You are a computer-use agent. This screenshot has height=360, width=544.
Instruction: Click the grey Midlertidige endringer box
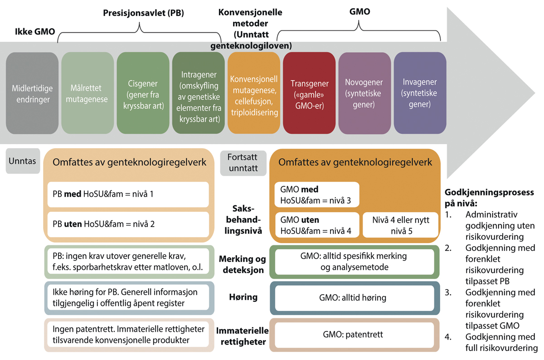pyautogui.click(x=32, y=93)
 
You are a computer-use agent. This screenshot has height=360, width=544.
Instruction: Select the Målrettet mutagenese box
pyautogui.click(x=87, y=93)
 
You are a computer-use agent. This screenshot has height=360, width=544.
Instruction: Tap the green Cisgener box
pyautogui.click(x=143, y=93)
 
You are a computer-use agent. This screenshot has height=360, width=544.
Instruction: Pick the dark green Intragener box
pyautogui.click(x=198, y=93)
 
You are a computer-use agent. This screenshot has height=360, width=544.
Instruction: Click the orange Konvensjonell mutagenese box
pyautogui.click(x=253, y=93)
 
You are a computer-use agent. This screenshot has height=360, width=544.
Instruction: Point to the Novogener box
pyautogui.click(x=364, y=93)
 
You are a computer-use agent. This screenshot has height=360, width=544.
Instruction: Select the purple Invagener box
pyautogui.click(x=420, y=93)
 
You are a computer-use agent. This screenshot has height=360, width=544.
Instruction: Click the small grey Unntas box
pyautogui.click(x=22, y=161)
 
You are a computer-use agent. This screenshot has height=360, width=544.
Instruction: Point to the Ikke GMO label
pyautogui.click(x=33, y=32)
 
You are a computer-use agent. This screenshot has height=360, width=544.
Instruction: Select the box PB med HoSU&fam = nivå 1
pyautogui.click(x=128, y=194)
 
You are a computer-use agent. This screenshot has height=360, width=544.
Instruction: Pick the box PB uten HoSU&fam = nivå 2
pyautogui.click(x=128, y=224)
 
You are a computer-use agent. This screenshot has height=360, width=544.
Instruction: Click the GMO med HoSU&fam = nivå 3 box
pyautogui.click(x=316, y=195)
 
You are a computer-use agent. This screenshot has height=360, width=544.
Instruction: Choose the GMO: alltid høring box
pyautogui.click(x=353, y=297)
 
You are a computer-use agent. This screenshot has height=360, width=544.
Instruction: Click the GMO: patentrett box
pyautogui.click(x=353, y=335)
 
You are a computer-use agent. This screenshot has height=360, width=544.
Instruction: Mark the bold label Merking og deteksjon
pyautogui.click(x=243, y=264)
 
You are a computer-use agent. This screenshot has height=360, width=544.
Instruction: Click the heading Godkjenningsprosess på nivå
pyautogui.click(x=489, y=198)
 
